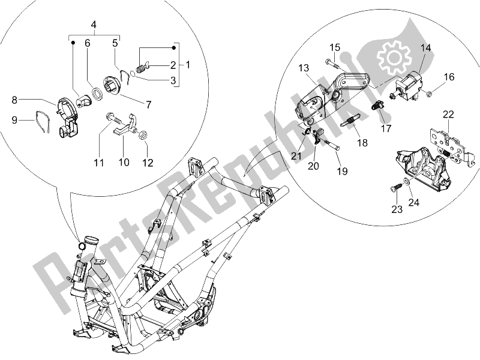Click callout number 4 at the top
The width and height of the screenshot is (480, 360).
click(x=94, y=25)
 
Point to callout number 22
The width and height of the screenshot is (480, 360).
click(x=449, y=115)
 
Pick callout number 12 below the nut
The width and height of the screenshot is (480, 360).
click(x=146, y=162)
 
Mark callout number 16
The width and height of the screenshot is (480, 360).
click(x=449, y=77)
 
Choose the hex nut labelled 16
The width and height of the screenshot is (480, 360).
click(x=430, y=94)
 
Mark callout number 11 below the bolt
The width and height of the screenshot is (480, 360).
click(x=99, y=162)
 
